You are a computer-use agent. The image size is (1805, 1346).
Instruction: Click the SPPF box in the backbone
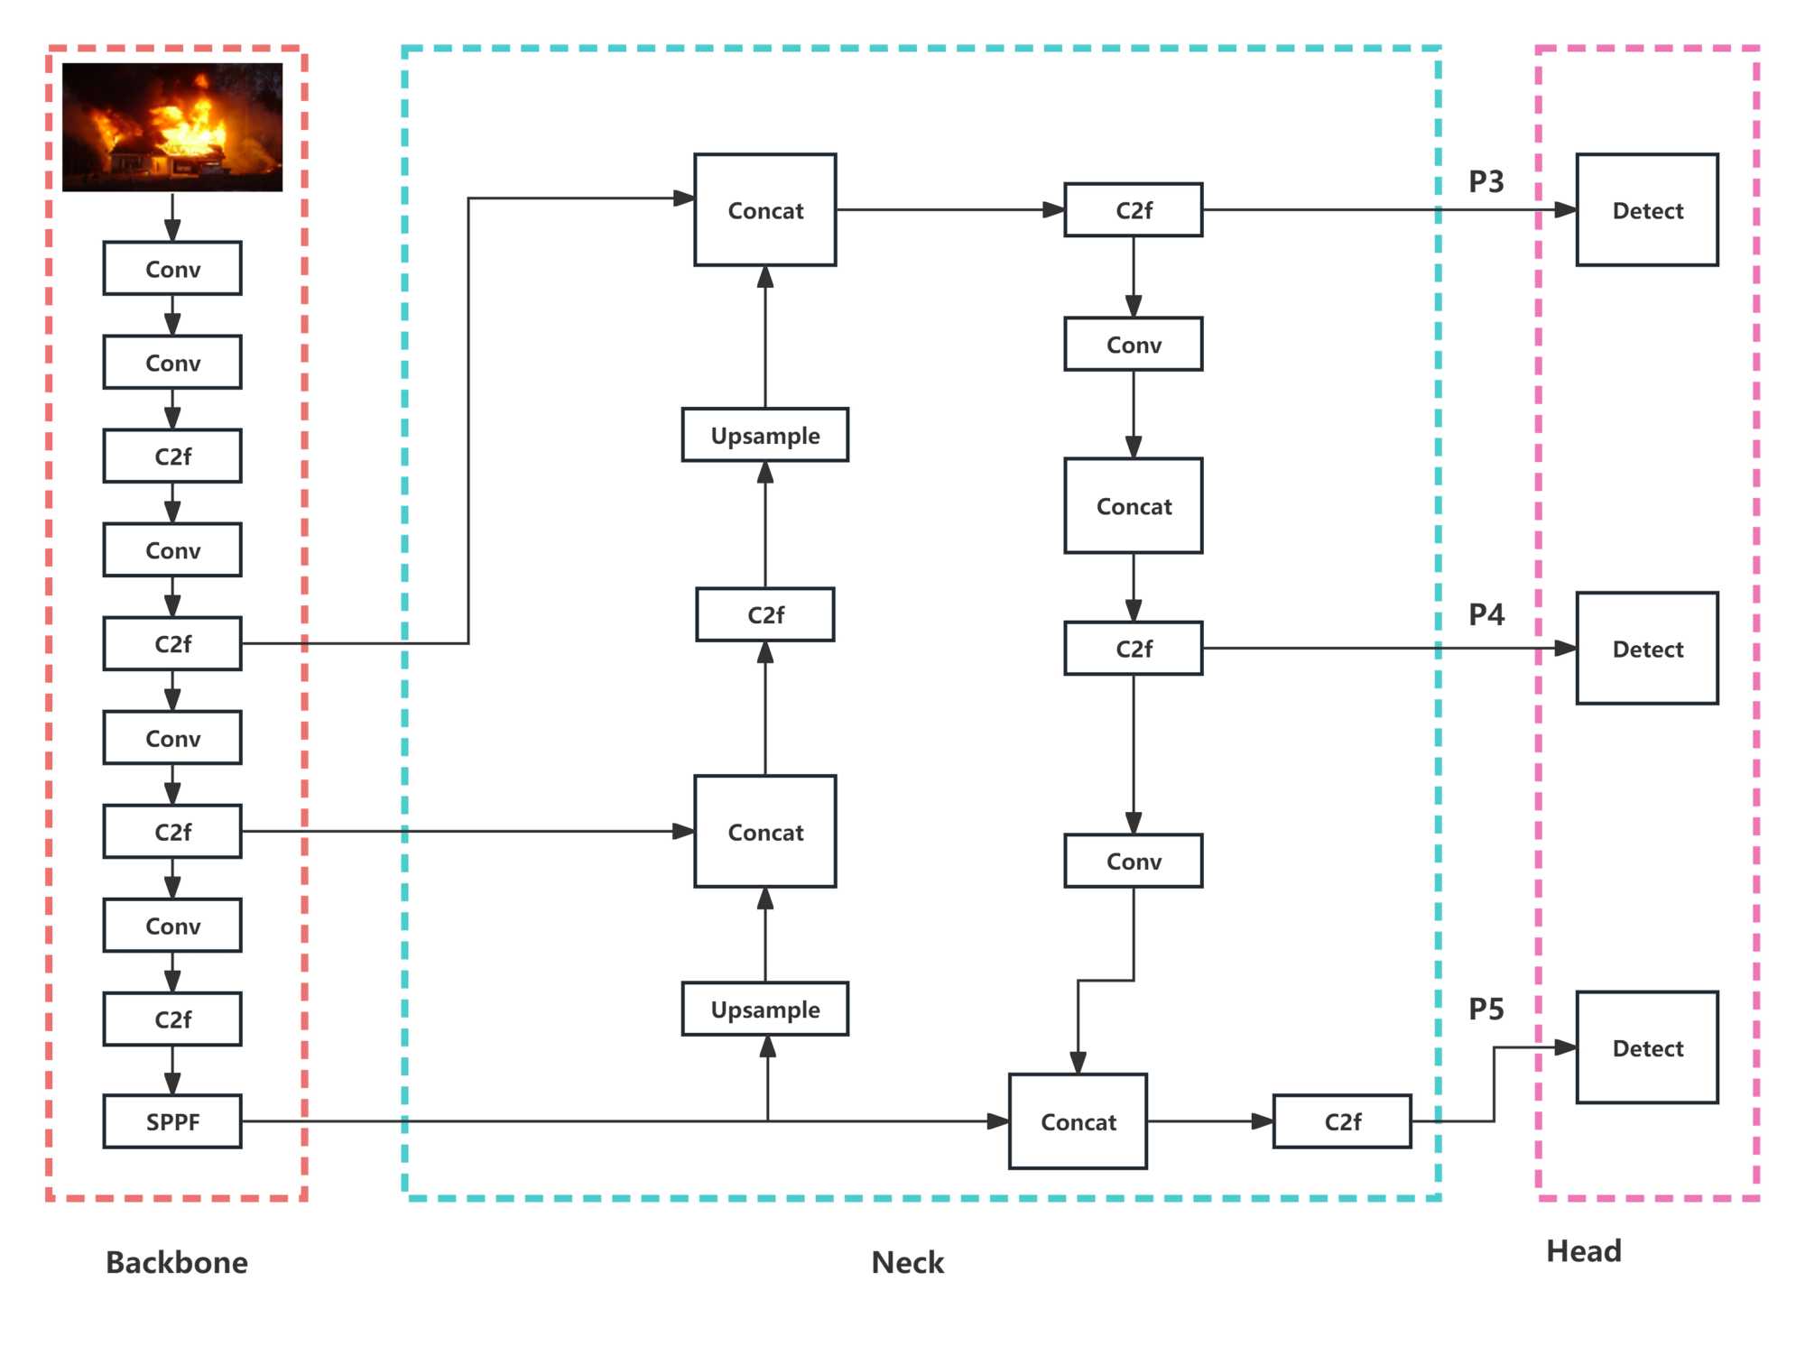pos(172,1121)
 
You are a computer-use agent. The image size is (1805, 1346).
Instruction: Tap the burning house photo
pos(172,127)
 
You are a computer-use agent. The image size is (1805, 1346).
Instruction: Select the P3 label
pos(1486,181)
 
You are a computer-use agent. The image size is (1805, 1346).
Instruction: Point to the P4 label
pos(1486,614)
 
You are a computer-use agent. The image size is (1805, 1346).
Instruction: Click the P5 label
pos(1486,1009)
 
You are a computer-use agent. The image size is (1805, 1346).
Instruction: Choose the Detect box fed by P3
pos(1647,210)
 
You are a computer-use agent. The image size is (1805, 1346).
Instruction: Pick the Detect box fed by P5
pos(1647,1047)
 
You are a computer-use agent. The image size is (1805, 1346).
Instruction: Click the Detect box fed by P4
pos(1647,649)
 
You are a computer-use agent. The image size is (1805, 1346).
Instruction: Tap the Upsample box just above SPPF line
pos(765,1009)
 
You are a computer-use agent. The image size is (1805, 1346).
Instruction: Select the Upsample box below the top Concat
pos(765,435)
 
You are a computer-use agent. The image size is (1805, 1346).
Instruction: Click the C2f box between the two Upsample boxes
pos(765,614)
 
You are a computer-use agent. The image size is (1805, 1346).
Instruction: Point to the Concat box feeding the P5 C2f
pos(1078,1121)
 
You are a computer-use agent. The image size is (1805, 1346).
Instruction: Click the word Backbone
pos(177,1262)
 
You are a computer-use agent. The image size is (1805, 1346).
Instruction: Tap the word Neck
pos(907,1262)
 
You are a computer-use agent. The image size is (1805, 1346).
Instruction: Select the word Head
pos(1583,1251)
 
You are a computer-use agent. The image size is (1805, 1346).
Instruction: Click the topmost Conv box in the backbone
pos(172,269)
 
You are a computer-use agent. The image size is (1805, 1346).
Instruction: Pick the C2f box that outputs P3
pos(1134,210)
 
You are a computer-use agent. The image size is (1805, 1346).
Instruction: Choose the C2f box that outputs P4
pos(1134,649)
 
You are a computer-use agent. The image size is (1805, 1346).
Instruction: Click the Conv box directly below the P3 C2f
pos(1134,345)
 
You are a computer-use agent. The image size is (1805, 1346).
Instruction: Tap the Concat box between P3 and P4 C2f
pos(1134,506)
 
